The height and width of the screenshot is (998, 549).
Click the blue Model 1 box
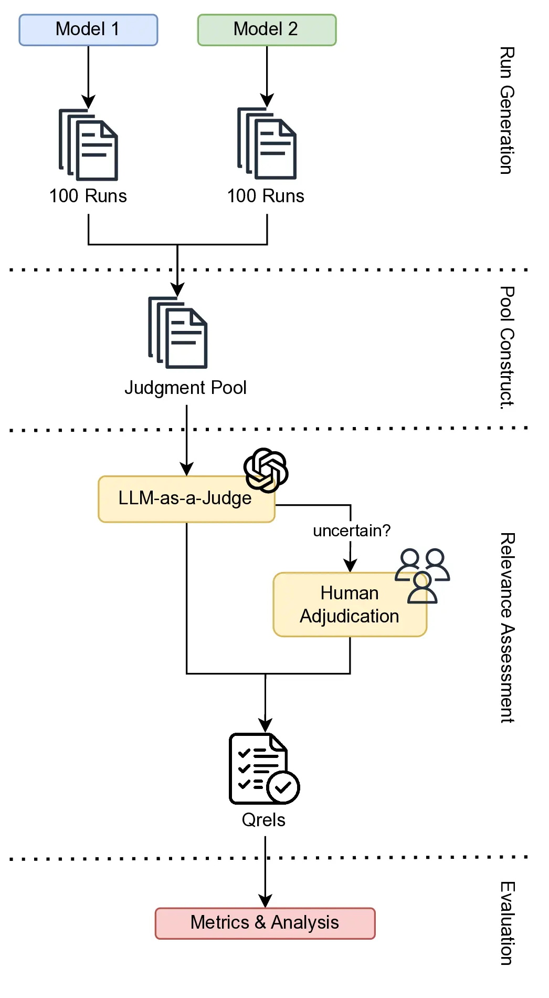[88, 30]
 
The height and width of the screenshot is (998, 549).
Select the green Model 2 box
[267, 30]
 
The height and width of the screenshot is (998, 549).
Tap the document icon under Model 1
[88, 145]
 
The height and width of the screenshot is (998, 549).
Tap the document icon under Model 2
[267, 143]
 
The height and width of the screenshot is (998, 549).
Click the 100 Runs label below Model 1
[88, 196]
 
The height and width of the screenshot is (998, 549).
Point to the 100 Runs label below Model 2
[266, 196]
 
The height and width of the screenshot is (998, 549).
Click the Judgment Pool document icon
[178, 332]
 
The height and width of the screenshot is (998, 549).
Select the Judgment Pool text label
[185, 388]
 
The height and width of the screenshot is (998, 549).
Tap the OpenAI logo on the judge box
[266, 470]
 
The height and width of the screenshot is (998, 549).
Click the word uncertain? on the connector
[352, 531]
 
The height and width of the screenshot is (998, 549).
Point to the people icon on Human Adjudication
[423, 576]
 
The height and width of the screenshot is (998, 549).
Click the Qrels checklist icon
[264, 768]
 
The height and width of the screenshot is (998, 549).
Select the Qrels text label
[263, 820]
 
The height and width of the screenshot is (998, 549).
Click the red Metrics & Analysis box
[265, 923]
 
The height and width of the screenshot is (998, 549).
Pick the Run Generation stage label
[506, 110]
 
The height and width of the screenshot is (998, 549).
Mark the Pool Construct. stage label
[506, 347]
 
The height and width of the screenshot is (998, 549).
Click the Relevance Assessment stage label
[506, 628]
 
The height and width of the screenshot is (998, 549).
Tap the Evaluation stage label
[506, 923]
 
